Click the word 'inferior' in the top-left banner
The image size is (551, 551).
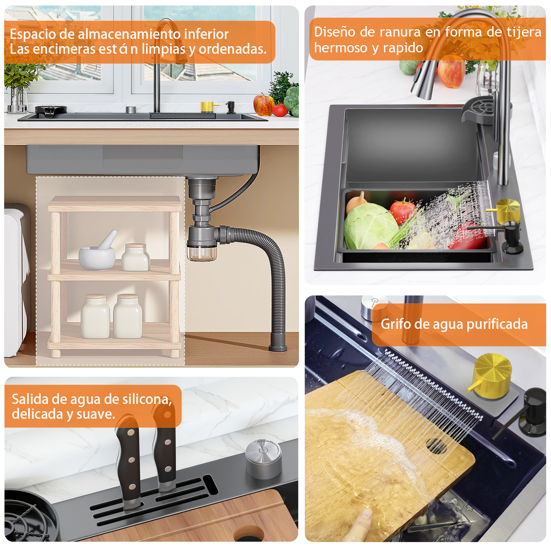pos(206,34)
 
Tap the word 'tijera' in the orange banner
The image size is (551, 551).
pos(524,32)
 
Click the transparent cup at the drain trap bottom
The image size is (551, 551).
pos(202,252)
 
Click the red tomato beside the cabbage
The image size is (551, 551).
pos(403,210)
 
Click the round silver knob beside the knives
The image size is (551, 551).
pos(263,459)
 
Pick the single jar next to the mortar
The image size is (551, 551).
pos(136,257)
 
